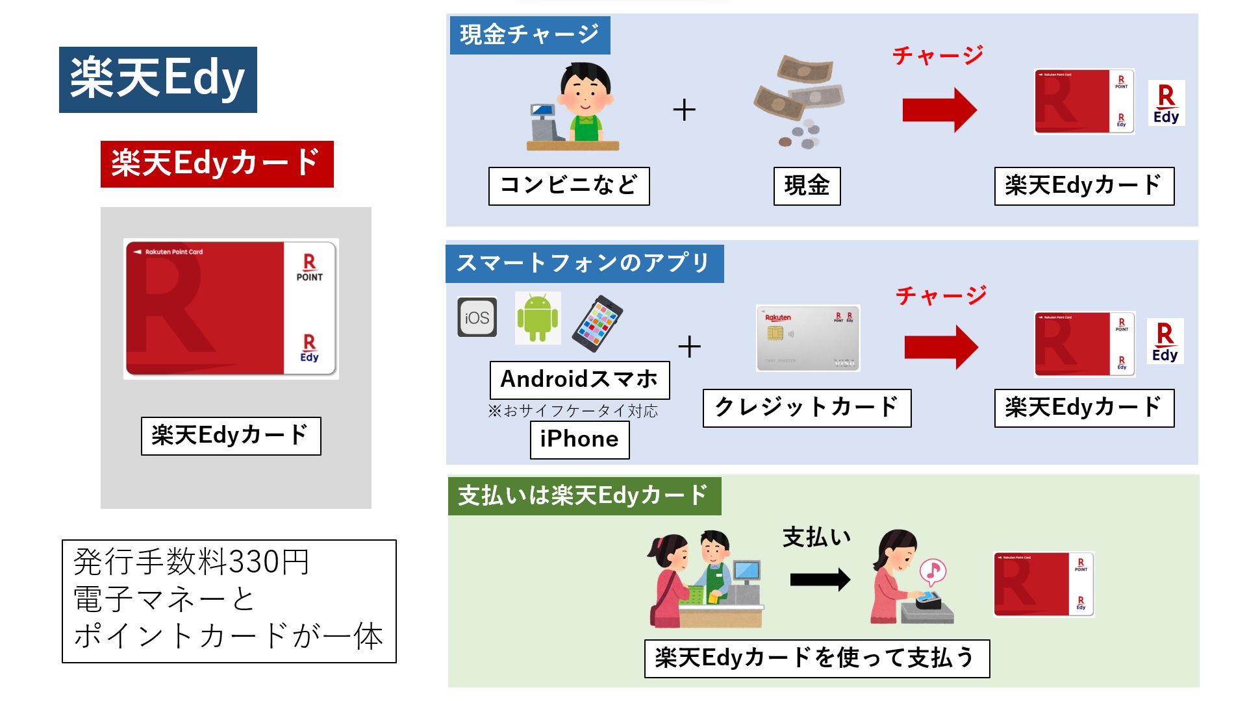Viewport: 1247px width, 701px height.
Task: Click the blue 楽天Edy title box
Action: (158, 79)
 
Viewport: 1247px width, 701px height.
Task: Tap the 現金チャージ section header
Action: (529, 35)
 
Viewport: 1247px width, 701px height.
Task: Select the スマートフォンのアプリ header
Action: (584, 264)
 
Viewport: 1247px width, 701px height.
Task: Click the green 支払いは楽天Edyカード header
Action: (584, 496)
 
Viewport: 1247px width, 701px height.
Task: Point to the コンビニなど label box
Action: (568, 186)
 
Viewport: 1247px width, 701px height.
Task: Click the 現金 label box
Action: (807, 186)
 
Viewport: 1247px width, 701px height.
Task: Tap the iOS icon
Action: (477, 317)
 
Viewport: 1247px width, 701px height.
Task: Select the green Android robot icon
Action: (537, 317)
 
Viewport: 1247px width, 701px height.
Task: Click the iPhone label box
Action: (579, 439)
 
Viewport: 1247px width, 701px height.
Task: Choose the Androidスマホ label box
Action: (579, 380)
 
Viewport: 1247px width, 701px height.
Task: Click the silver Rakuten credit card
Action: (808, 338)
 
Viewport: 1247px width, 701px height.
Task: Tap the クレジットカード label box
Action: (807, 408)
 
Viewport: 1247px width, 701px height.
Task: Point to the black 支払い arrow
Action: (820, 580)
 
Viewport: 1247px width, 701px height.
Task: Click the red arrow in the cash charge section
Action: (939, 110)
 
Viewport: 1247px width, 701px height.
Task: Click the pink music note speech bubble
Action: (933, 571)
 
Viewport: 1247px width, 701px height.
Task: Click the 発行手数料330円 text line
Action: (191, 562)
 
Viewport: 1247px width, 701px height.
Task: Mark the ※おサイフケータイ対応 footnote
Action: (573, 411)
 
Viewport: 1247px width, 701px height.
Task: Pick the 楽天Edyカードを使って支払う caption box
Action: (816, 658)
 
